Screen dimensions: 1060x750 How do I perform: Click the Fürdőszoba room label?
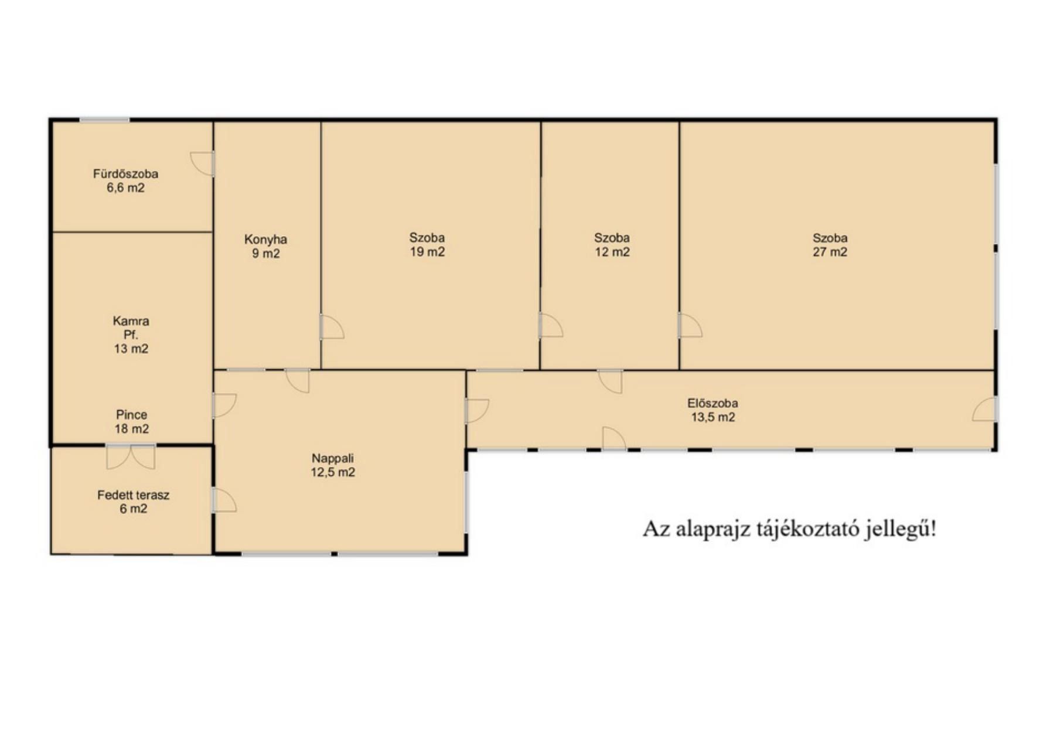coord(125,174)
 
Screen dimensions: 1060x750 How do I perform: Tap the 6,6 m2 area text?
coord(125,188)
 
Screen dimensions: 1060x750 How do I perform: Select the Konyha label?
coord(265,240)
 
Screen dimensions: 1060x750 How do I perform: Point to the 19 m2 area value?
coord(427,252)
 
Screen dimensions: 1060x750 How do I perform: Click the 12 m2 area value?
coord(612,252)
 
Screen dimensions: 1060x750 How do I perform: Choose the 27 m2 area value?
coord(830,252)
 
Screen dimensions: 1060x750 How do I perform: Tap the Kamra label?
coord(131,321)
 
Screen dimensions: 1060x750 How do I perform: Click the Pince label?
coord(131,415)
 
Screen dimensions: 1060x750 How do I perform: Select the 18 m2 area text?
coord(131,429)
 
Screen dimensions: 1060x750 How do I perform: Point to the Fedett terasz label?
coord(133,495)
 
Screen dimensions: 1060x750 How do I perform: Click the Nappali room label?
coord(332,459)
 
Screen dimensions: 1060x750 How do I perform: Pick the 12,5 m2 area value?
coord(332,472)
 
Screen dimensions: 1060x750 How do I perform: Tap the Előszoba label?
coord(713,403)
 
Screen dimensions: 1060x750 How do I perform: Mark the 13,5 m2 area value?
coord(713,417)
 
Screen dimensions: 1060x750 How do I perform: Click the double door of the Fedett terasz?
coord(131,456)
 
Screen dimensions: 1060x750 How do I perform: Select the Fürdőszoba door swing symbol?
coord(202,163)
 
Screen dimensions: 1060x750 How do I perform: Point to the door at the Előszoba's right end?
coord(984,409)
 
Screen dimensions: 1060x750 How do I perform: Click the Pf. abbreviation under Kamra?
coord(131,335)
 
